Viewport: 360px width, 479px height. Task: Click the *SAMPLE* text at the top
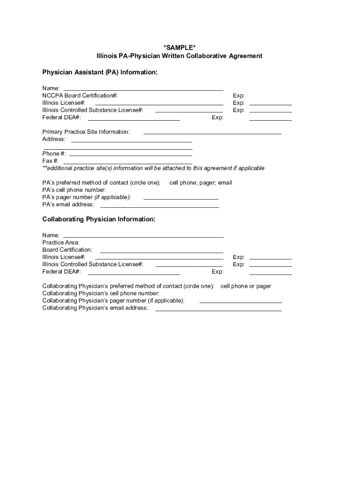(180, 47)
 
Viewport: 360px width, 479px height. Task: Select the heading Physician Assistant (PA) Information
(100, 73)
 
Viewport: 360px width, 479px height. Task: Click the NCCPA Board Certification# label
(80, 95)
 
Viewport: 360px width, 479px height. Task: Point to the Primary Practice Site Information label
(86, 132)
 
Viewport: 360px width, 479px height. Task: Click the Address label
(54, 139)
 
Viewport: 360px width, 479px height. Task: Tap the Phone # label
(54, 153)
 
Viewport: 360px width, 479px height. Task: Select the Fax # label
(50, 161)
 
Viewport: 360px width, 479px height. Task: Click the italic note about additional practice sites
(153, 168)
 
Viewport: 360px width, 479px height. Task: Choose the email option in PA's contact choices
(225, 182)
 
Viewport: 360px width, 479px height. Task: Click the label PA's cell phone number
(74, 190)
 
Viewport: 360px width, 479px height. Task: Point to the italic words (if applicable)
(113, 197)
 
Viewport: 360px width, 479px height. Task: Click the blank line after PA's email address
(159, 206)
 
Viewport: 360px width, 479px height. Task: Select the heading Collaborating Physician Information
(99, 219)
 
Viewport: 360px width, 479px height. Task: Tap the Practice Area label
(61, 242)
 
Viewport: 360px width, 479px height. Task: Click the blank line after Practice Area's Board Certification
(161, 252)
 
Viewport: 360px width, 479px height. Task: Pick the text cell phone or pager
(245, 286)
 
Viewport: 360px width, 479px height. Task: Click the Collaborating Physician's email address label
(95, 308)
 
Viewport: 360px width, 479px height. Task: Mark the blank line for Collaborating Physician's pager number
(240, 302)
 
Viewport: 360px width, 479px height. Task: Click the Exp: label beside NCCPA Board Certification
(238, 95)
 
